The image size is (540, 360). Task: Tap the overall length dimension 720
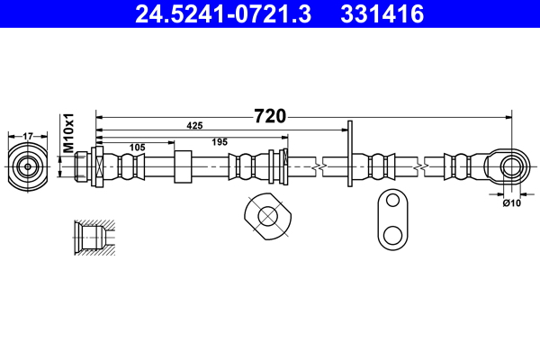pos(269,116)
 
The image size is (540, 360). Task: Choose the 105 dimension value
pos(138,146)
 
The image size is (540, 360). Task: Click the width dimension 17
pos(28,136)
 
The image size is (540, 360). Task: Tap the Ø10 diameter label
pos(511,203)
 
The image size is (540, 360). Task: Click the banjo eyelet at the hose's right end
pos(510,166)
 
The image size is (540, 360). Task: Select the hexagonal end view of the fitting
pos(28,166)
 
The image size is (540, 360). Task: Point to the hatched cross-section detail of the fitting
pos(94,238)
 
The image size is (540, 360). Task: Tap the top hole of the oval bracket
pos(391,204)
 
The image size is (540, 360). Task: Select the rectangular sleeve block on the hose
pos(183,166)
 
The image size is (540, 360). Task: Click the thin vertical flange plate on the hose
pos(349,155)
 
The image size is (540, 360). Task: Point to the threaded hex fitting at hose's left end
pos(88,166)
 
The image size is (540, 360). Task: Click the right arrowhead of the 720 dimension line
pos(508,117)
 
